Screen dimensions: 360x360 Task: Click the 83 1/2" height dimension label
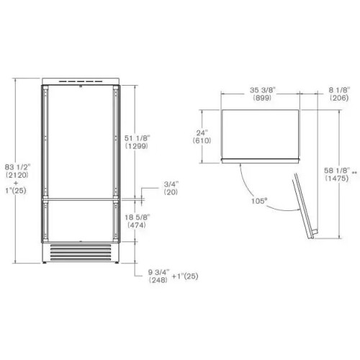[x=17, y=167]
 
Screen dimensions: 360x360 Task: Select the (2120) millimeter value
[x=17, y=175]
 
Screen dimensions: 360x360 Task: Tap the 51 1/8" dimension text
[x=137, y=138]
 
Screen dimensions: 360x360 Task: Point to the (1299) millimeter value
[x=137, y=146]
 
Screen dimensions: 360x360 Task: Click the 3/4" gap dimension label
[x=171, y=184]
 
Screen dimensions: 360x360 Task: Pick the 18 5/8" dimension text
[x=137, y=217]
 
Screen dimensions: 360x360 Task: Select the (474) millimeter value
[x=137, y=225]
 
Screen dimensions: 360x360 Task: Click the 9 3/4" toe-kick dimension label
[x=158, y=272]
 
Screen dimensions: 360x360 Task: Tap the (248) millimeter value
[x=158, y=280]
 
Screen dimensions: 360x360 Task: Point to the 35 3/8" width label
[x=263, y=90]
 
